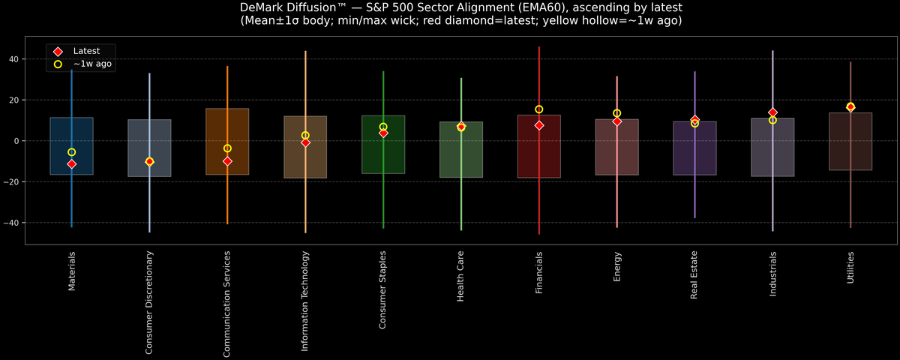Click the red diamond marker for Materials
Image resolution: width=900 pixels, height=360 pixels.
72,164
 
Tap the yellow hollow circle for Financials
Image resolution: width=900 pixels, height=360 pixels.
539,109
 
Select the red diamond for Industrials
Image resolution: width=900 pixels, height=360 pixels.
772,112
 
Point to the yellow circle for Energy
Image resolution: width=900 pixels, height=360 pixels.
617,113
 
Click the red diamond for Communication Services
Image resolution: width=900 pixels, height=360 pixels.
227,161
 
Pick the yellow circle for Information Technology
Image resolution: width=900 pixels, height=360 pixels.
305,136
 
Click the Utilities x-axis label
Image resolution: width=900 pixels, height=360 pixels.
850,268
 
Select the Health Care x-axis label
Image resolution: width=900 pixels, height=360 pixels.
461,277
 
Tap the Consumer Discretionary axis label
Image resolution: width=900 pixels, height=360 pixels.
149,302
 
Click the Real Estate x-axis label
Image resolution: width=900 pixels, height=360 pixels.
694,275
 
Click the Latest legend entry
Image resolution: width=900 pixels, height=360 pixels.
85,50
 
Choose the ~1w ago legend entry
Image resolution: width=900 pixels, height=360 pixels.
92,64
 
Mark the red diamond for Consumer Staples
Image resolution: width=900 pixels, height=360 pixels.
383,133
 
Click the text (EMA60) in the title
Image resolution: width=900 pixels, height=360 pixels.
538,7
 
